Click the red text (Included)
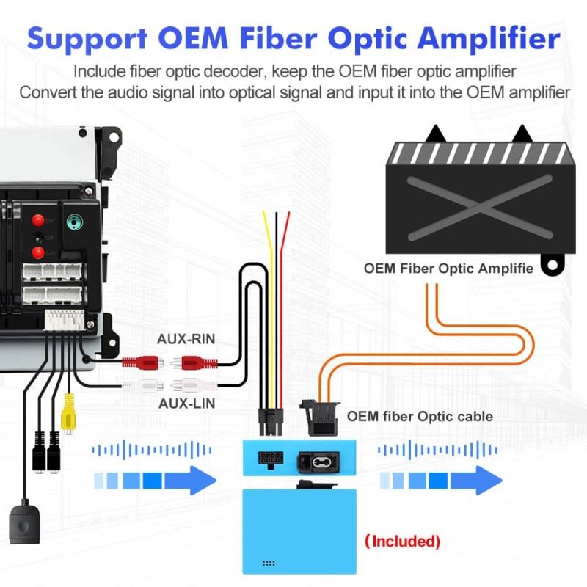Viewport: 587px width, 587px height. click(x=402, y=542)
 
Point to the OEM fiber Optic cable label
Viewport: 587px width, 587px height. click(x=420, y=416)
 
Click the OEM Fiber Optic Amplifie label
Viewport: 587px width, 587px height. click(x=448, y=268)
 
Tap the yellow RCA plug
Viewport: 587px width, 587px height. click(x=68, y=415)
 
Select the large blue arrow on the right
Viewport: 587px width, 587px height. click(x=440, y=480)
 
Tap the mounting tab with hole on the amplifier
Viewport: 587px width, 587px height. click(x=553, y=263)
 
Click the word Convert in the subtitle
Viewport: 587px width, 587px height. click(x=45, y=92)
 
